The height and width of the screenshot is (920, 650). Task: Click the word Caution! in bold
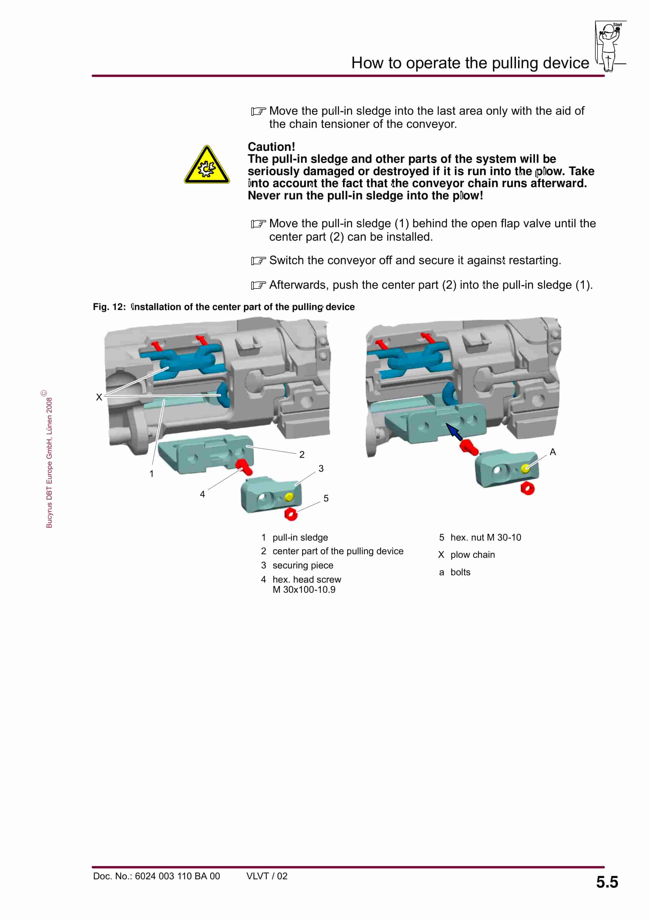(271, 147)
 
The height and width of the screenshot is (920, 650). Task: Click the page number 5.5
(607, 882)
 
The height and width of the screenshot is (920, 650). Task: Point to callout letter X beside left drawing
(99, 397)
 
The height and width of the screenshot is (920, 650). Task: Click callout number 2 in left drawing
(302, 454)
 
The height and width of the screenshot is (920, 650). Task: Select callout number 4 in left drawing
(202, 494)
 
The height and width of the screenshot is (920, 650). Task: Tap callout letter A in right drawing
(552, 452)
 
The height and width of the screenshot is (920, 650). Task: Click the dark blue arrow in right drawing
(454, 432)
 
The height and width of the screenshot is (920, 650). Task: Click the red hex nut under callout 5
(291, 514)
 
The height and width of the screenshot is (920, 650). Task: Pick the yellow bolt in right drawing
(525, 468)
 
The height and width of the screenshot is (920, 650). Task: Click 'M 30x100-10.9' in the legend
(304, 589)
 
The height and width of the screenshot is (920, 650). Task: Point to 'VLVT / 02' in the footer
(267, 876)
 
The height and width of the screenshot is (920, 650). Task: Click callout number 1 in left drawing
(152, 474)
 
